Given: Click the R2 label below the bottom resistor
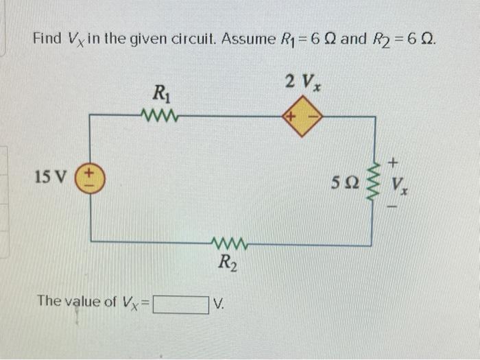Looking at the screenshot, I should (x=228, y=262).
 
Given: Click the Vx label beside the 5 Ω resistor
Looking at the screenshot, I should (x=398, y=184).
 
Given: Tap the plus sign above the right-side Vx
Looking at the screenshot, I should (x=394, y=163).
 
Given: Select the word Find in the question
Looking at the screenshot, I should (x=47, y=38).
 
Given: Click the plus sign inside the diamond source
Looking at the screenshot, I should (x=291, y=117).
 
